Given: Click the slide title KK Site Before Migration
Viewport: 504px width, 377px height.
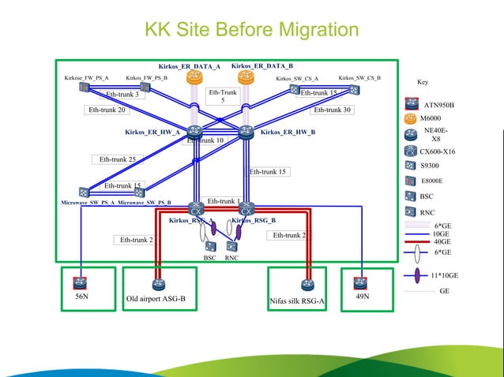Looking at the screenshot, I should pyautogui.click(x=251, y=30).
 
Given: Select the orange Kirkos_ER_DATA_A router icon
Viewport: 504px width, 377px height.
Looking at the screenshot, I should pyautogui.click(x=194, y=77).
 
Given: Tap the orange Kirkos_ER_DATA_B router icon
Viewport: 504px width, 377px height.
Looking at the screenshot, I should pyautogui.click(x=245, y=77).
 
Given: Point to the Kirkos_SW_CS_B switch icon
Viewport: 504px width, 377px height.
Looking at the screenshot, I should pyautogui.click(x=354, y=89).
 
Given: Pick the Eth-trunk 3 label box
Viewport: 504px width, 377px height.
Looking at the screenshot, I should pyautogui.click(x=122, y=95).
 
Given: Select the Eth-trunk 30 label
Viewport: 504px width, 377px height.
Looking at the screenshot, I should pyautogui.click(x=332, y=110).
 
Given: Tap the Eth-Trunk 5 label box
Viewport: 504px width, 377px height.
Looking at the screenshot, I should pyautogui.click(x=223, y=96).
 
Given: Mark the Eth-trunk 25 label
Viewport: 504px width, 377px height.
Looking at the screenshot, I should pyautogui.click(x=118, y=159).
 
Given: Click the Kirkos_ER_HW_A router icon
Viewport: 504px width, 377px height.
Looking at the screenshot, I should pyautogui.click(x=194, y=132).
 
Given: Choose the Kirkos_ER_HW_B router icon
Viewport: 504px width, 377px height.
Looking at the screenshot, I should pyautogui.click(x=246, y=132).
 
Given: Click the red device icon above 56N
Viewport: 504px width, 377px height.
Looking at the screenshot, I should pyautogui.click(x=81, y=283).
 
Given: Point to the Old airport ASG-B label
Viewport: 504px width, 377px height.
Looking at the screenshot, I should pyautogui.click(x=156, y=300).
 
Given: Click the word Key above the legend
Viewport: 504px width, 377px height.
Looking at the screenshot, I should pyautogui.click(x=423, y=82).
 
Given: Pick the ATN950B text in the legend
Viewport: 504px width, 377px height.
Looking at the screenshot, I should pyautogui.click(x=439, y=104).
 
